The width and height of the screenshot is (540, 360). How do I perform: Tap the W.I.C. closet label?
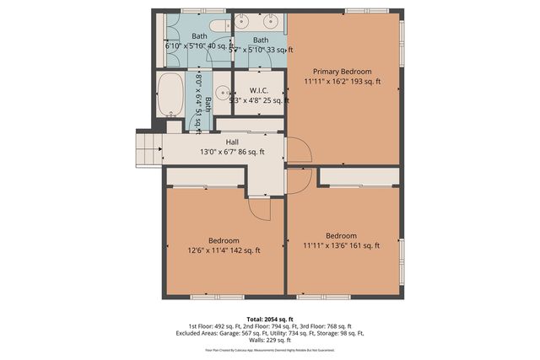click(x=258, y=90)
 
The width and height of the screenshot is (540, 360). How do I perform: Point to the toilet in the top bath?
click(x=219, y=23)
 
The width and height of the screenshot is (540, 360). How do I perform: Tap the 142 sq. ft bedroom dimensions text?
click(x=224, y=250)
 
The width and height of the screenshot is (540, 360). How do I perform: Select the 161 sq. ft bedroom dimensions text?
click(x=342, y=245)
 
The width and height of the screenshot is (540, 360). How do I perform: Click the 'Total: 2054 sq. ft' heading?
click(x=270, y=318)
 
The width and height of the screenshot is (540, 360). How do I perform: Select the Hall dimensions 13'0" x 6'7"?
click(x=232, y=152)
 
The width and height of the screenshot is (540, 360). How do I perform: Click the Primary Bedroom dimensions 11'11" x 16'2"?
click(x=343, y=82)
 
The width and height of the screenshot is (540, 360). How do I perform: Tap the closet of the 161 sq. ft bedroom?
click(x=359, y=176)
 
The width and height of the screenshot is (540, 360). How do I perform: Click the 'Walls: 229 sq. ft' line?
click(x=270, y=340)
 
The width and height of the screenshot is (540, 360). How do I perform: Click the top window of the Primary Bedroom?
click(x=367, y=11)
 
